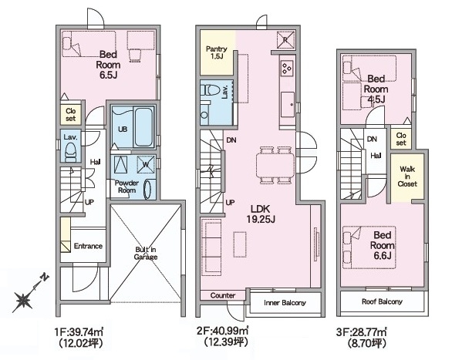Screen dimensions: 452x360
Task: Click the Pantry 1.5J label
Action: coord(217,52)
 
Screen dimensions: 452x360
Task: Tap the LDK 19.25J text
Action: coord(260,214)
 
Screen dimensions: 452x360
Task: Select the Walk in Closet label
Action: coord(407,177)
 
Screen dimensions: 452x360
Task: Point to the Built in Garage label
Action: coord(146,253)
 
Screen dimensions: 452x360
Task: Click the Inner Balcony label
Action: coord(285,303)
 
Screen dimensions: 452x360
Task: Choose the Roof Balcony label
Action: coord(382,301)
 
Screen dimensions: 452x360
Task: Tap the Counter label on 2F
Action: coord(223,295)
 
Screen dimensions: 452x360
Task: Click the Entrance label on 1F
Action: coord(88,246)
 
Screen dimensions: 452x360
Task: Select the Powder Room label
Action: coord(126,187)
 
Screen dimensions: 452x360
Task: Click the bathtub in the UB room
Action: coord(143,126)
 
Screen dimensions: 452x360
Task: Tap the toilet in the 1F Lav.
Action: coord(70,152)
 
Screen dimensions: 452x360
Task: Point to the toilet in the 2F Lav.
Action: coord(208,90)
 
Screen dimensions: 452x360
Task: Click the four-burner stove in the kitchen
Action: coord(288,69)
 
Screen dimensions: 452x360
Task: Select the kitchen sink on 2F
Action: coord(288,105)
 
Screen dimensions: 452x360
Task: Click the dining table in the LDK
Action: coord(275,165)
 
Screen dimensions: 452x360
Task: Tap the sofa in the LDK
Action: coord(211,246)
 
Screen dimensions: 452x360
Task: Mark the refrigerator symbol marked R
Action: coord(285,40)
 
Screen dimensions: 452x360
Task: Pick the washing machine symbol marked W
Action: coord(146,164)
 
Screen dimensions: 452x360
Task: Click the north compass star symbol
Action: coord(23,300)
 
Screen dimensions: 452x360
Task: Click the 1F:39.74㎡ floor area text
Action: coord(79,332)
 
